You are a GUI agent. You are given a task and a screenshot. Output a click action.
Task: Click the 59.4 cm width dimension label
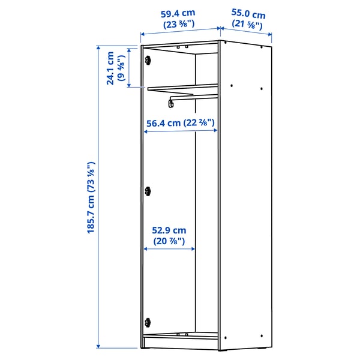(x=179, y=13)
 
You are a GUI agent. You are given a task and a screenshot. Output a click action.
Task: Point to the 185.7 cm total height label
(x=92, y=197)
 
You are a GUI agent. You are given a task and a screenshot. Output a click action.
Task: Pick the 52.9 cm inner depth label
(x=169, y=230)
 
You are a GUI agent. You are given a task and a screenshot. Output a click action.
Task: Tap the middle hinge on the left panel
(x=147, y=191)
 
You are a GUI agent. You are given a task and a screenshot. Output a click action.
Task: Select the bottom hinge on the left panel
(x=147, y=322)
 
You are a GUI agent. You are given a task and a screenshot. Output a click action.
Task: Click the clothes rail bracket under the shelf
(x=172, y=103)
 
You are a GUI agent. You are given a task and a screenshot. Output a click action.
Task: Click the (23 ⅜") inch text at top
(x=179, y=25)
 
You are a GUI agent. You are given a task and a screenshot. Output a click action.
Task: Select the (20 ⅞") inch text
(x=169, y=241)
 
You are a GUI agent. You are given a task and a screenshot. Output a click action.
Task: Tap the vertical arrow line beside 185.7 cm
(x=99, y=197)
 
